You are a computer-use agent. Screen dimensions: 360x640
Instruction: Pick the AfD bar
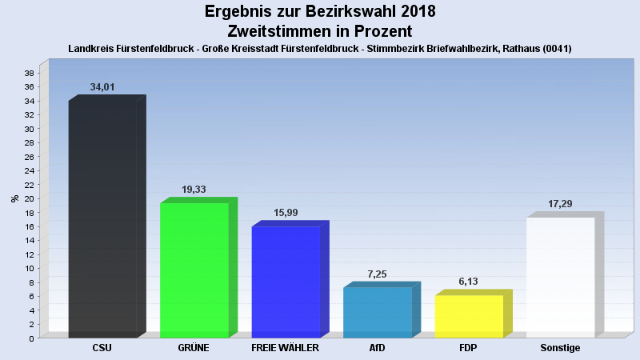coord(377,312)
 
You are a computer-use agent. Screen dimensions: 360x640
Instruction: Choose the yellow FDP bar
coord(469,316)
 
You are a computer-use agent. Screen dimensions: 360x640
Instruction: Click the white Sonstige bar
coord(560,277)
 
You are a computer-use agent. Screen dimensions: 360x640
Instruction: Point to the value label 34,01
coord(103,86)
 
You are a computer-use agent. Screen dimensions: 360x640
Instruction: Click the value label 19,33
coord(194,190)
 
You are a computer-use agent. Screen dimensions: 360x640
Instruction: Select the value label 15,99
coord(286,213)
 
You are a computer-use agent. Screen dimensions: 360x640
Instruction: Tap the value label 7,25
coord(377,274)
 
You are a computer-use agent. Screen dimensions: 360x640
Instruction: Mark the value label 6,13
coord(469,282)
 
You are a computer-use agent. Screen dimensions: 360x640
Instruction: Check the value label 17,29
coord(560,204)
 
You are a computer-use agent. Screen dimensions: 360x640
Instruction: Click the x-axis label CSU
coord(102,349)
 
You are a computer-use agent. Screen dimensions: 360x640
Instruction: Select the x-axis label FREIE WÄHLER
coord(286,349)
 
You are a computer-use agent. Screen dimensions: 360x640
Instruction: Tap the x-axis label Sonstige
coord(560,349)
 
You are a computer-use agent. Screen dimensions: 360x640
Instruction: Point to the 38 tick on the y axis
coord(30,73)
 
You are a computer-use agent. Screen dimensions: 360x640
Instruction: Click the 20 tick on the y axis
coord(30,198)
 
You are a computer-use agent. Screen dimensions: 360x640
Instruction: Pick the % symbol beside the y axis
coord(14,198)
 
